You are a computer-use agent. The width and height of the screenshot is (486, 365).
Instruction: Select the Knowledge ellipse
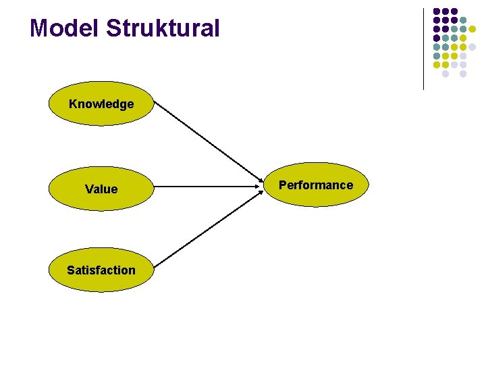click(101, 104)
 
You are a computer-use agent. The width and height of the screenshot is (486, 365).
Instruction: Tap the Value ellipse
click(101, 189)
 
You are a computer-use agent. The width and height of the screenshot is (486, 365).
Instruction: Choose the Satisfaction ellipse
click(101, 270)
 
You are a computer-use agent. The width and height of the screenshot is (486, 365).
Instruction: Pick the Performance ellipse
click(316, 185)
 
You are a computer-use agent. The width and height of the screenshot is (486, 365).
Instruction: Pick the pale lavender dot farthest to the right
click(472, 47)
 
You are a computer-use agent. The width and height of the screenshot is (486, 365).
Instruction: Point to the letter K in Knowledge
click(73, 104)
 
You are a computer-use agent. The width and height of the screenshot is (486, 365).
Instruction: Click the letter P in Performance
click(282, 185)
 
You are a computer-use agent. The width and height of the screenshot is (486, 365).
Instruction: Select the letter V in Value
click(88, 189)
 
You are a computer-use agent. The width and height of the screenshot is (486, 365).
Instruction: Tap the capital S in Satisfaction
click(70, 270)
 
